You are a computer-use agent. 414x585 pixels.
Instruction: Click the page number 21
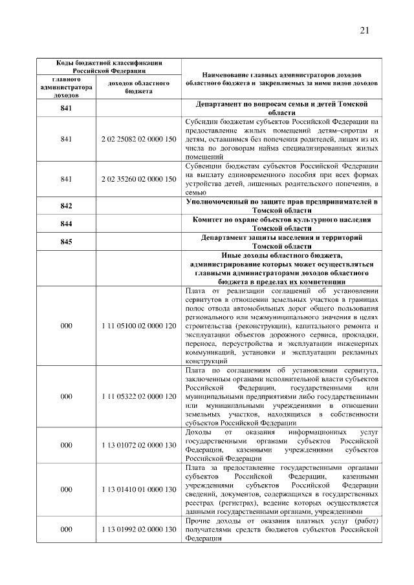[364, 30]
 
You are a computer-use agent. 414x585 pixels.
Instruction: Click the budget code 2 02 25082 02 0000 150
[138, 139]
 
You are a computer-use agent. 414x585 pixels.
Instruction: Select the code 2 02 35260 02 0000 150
[138, 179]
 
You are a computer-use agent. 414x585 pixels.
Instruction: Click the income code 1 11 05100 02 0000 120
[138, 326]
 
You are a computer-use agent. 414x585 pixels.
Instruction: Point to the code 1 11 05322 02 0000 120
[138, 395]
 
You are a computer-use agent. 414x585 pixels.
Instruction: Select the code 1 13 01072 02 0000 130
[138, 445]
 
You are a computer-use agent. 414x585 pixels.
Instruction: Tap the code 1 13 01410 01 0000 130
[138, 489]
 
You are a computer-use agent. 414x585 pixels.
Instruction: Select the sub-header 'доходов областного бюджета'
[138, 87]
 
